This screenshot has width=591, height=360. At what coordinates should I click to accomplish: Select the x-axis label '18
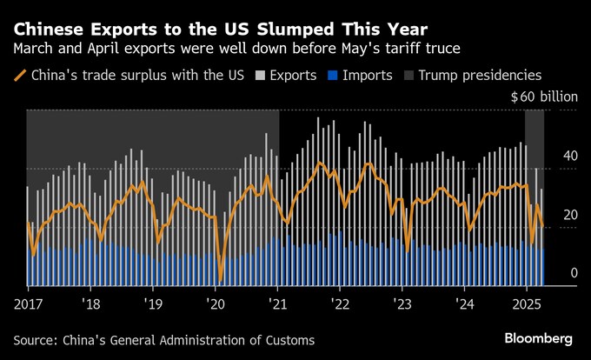[90, 305]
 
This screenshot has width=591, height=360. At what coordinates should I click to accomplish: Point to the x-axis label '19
[153, 305]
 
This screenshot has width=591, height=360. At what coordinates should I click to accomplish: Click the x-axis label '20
[216, 305]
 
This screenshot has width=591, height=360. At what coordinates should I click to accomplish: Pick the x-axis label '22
[340, 305]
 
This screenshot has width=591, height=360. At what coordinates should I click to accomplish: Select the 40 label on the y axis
[568, 156]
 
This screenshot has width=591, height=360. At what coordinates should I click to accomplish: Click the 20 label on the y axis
[568, 214]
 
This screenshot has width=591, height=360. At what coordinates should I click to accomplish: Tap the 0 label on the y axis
[574, 273]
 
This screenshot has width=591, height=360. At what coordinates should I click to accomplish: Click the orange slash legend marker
[20, 76]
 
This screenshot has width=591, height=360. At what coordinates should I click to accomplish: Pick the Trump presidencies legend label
[480, 76]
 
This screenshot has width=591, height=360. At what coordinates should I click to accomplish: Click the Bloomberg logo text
[538, 337]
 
